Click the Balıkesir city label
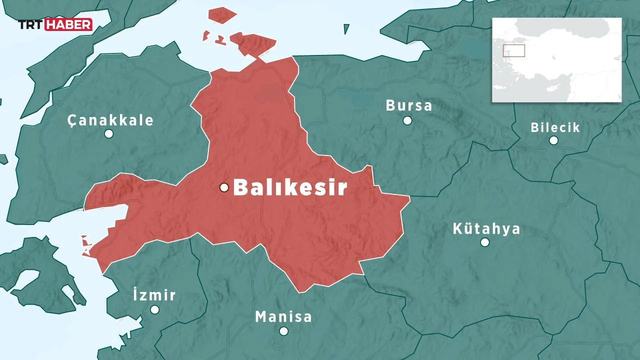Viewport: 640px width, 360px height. [x=290, y=187]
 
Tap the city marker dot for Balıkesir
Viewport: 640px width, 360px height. [x=224, y=187]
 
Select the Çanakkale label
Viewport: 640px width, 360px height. [x=110, y=120]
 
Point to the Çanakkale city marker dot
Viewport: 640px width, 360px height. [x=108, y=133]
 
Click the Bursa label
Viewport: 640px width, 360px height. [x=408, y=105]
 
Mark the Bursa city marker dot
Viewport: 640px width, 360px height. [x=407, y=120]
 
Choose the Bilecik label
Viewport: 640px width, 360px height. [x=555, y=127]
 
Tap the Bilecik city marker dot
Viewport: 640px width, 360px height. [x=553, y=140]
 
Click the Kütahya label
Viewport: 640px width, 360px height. [x=486, y=228]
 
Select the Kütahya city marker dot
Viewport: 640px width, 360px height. [x=484, y=242]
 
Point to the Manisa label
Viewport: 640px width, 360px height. [x=283, y=316]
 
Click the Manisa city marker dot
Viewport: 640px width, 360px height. [x=283, y=331]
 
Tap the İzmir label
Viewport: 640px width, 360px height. [x=154, y=294]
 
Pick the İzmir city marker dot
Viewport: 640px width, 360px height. [x=154, y=310]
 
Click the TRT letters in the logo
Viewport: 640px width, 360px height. [x=31, y=24]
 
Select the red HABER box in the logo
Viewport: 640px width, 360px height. [x=68, y=24]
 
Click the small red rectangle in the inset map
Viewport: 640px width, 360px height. [x=513, y=50]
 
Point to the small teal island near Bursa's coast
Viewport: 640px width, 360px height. [x=346, y=29]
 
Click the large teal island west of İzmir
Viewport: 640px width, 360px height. [x=42, y=277]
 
